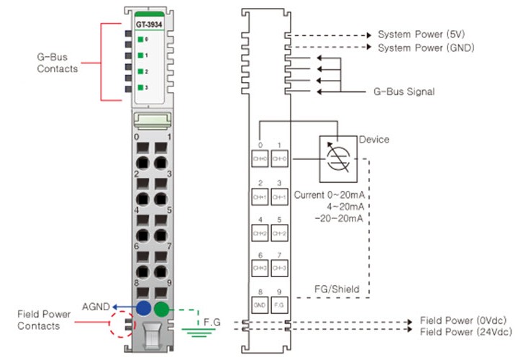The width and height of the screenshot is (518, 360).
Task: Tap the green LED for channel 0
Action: [x=140, y=39]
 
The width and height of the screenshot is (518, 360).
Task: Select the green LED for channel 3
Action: [x=140, y=87]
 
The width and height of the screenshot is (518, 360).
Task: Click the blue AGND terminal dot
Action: [x=143, y=310]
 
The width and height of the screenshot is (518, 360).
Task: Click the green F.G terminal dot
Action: [x=162, y=310]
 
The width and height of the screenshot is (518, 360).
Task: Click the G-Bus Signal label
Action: [x=404, y=91]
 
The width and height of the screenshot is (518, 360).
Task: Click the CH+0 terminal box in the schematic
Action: [x=260, y=157]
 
